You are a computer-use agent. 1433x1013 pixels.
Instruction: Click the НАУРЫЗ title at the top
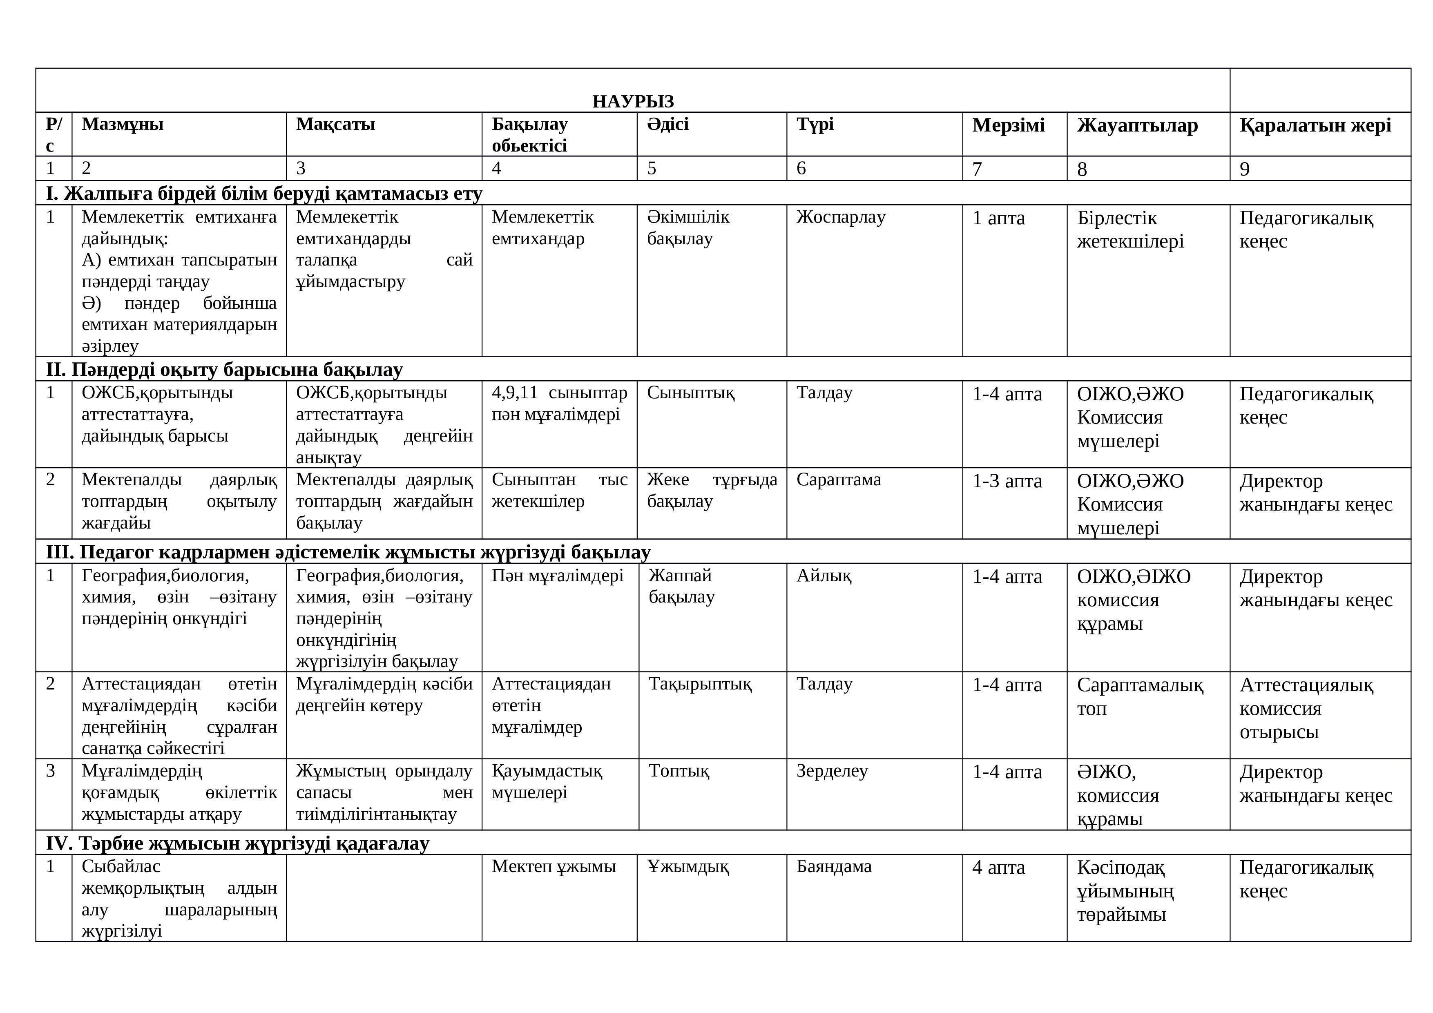click(x=633, y=101)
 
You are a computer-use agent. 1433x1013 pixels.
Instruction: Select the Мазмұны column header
click(x=122, y=124)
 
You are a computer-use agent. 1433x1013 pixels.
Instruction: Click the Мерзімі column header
click(x=1008, y=125)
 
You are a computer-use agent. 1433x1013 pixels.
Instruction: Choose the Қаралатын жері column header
click(x=1315, y=125)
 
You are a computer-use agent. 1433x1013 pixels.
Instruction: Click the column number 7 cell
click(x=978, y=169)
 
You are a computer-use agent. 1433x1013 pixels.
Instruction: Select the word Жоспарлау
click(x=841, y=217)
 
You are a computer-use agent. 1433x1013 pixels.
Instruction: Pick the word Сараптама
click(x=838, y=480)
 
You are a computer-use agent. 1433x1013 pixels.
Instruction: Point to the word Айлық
click(x=823, y=576)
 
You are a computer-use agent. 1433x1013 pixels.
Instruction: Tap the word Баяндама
click(x=834, y=867)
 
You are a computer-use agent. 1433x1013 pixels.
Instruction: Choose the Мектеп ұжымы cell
click(x=554, y=867)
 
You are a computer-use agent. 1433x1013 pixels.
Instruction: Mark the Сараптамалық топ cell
click(x=1140, y=696)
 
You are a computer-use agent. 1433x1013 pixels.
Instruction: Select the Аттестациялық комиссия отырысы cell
click(x=1306, y=708)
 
